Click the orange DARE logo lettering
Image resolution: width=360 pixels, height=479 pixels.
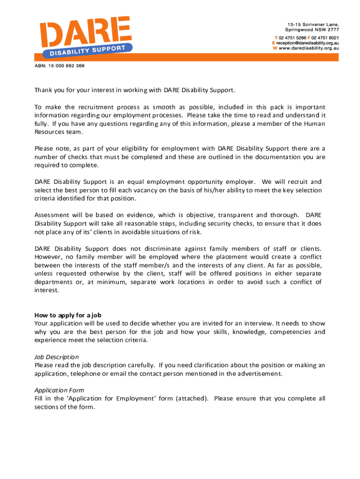pyautogui.click(x=84, y=32)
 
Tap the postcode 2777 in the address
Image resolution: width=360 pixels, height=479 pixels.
pyautogui.click(x=331, y=29)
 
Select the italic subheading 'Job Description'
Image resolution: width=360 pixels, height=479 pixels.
pyautogui.click(x=57, y=357)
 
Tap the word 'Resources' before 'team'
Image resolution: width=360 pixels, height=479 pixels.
pyautogui.click(x=51, y=132)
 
